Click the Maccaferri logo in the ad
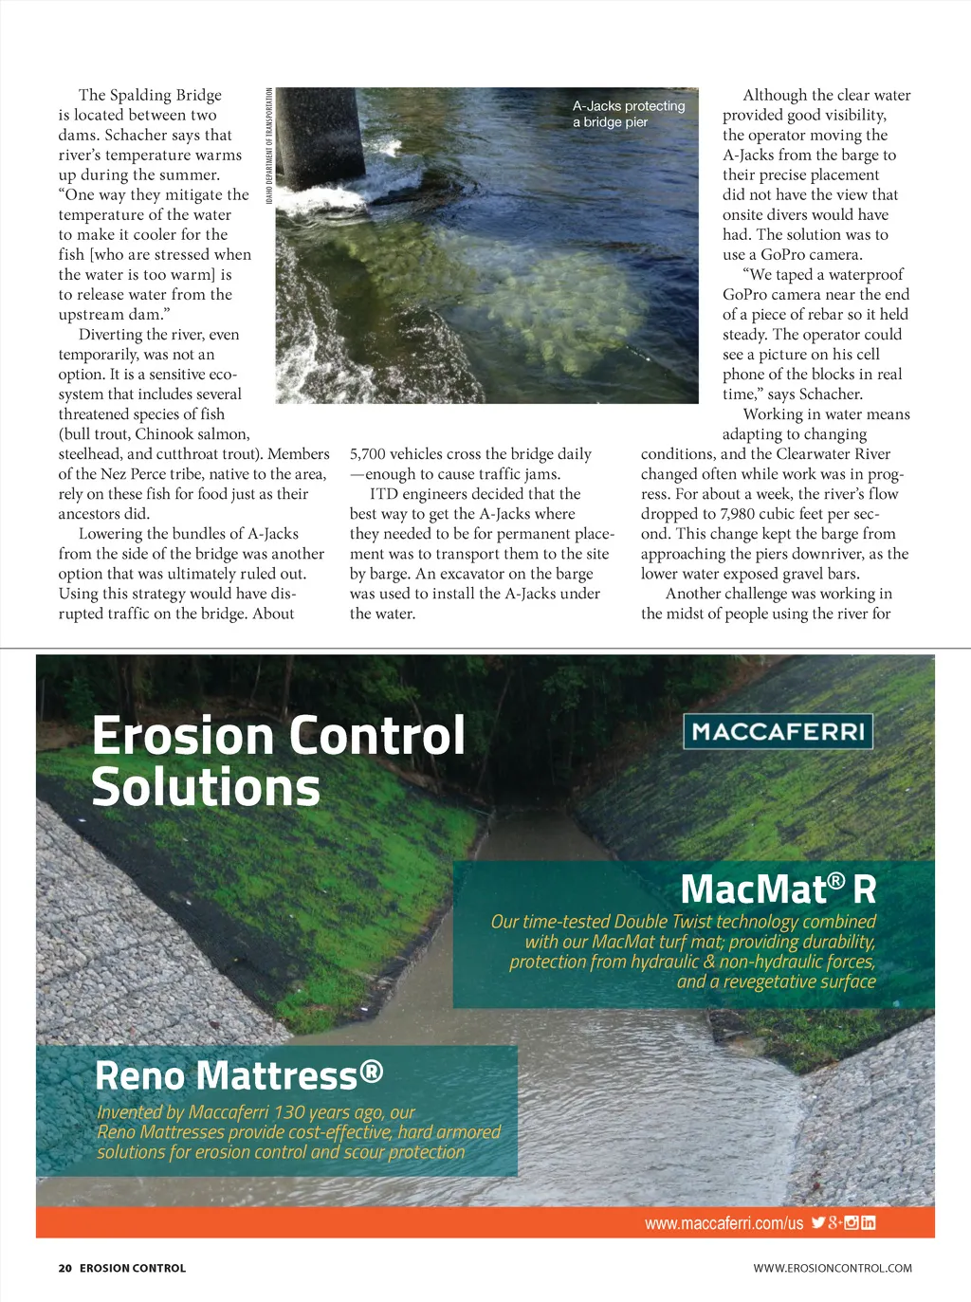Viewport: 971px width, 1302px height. click(778, 731)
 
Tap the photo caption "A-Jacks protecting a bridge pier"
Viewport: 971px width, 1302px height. click(628, 114)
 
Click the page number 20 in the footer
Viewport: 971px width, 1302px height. click(64, 1268)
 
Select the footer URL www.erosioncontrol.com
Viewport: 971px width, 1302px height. click(833, 1268)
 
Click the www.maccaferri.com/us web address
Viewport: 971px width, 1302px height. click(724, 1223)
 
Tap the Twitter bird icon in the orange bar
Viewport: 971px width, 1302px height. click(817, 1222)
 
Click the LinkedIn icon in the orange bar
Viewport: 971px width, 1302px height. click(868, 1222)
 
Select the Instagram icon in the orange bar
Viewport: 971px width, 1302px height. click(852, 1222)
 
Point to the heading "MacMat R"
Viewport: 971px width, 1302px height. click(778, 889)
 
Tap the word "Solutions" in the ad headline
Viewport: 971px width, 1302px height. click(206, 787)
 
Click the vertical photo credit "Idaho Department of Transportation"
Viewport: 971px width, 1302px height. click(269, 145)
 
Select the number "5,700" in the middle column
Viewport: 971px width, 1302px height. click(367, 454)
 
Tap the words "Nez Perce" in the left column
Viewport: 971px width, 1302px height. click(134, 474)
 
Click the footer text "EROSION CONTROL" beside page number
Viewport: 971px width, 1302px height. click(133, 1268)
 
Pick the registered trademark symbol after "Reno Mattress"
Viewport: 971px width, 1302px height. click(372, 1071)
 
